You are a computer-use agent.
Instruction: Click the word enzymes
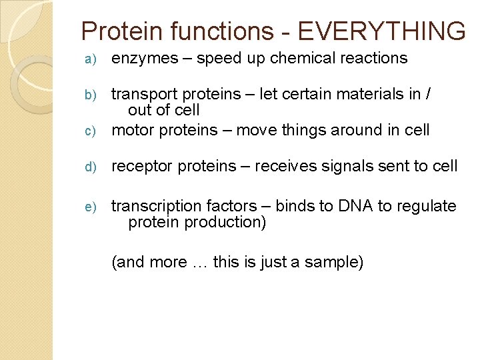[x=145, y=59]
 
